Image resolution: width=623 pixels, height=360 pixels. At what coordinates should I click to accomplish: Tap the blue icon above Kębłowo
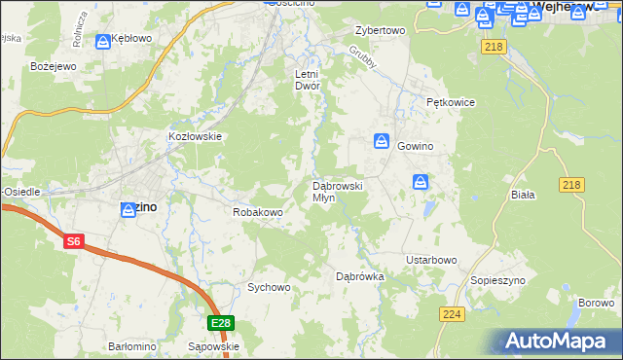(x=103, y=42)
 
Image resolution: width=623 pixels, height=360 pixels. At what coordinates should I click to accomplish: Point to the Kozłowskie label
(x=196, y=137)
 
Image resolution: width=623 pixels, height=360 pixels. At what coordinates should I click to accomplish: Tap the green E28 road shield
(x=221, y=323)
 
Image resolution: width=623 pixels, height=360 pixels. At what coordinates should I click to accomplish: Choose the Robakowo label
(x=257, y=211)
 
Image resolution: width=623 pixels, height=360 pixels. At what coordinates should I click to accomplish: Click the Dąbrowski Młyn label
(x=337, y=191)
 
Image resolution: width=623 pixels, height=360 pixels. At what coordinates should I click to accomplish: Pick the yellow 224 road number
(x=451, y=313)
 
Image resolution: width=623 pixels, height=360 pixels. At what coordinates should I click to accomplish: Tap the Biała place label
(x=524, y=195)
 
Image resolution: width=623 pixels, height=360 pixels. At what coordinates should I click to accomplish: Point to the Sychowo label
(x=269, y=287)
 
